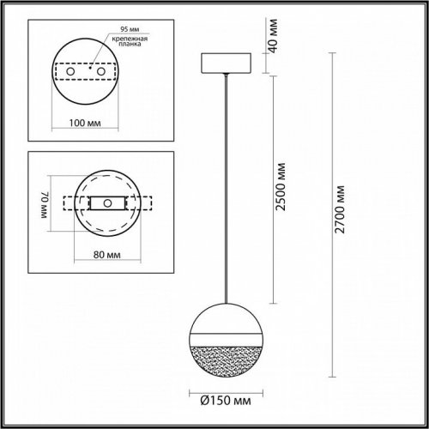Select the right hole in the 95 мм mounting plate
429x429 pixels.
click(x=106, y=72)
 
